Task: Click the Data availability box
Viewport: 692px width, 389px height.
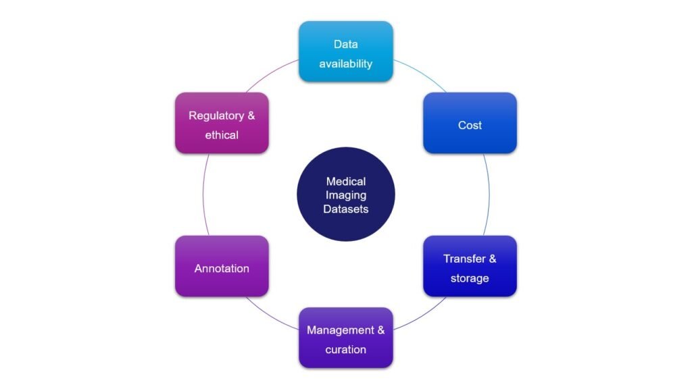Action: tap(345, 52)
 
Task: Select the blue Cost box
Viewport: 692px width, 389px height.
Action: tap(470, 124)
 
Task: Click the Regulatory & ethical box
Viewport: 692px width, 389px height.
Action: tap(222, 124)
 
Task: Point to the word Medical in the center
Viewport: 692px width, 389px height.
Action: tap(345, 182)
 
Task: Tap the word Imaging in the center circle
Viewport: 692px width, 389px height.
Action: tap(345, 195)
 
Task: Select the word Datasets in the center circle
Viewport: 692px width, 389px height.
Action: tap(345, 209)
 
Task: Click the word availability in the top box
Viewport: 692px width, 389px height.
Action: tap(345, 64)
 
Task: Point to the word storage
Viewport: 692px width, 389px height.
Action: tap(470, 278)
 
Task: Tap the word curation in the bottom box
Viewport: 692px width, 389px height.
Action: tap(345, 350)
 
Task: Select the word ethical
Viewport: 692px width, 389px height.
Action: tap(222, 135)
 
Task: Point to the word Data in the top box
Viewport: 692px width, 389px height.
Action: tap(345, 45)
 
